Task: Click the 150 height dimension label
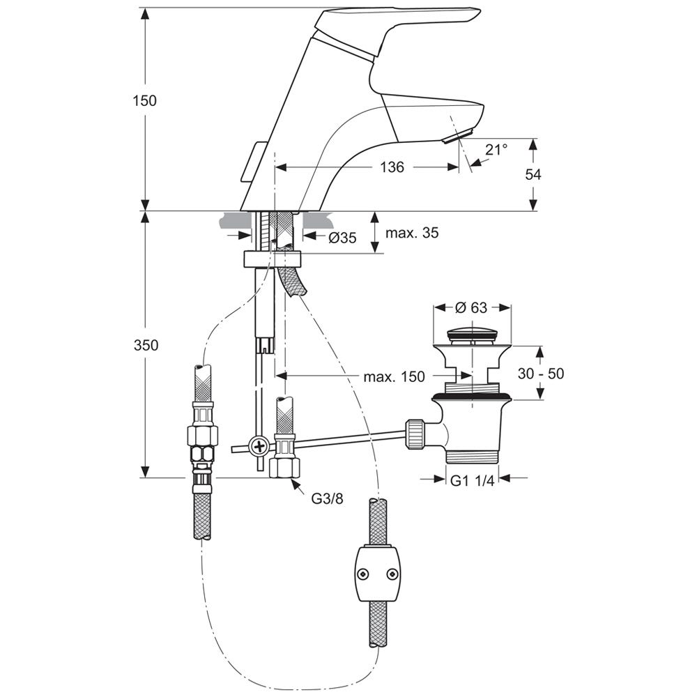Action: tap(145, 100)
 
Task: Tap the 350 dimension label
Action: tap(146, 345)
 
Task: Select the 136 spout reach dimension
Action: tap(392, 167)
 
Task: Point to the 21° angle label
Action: tap(496, 149)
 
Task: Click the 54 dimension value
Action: tap(533, 174)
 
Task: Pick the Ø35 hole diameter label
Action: tap(342, 238)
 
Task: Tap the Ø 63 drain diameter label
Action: tap(472, 307)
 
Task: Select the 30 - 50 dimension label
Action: tap(541, 374)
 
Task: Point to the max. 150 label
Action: tap(394, 376)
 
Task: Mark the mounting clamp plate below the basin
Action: tap(273, 259)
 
